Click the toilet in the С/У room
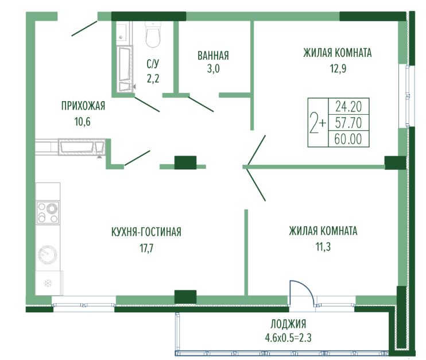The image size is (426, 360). click(x=153, y=34)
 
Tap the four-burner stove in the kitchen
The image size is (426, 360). click(x=48, y=213)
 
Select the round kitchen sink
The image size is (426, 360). click(x=48, y=255)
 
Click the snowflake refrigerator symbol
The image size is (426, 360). click(x=48, y=284)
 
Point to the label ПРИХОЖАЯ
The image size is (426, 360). click(x=83, y=106)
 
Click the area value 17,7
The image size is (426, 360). click(x=146, y=248)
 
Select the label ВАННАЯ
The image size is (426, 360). click(x=213, y=56)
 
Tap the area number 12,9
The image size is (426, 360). click(x=338, y=68)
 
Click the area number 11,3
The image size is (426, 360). click(x=323, y=247)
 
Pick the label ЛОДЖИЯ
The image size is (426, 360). click(x=288, y=324)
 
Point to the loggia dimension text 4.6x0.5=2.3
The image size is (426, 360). click(x=288, y=338)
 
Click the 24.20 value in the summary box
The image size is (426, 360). click(x=348, y=106)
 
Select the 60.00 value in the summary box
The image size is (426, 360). click(x=348, y=139)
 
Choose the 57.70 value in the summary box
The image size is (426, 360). click(x=348, y=123)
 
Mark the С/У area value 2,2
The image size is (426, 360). click(x=153, y=79)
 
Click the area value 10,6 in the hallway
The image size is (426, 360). click(x=83, y=122)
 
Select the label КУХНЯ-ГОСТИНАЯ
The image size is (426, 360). click(x=146, y=232)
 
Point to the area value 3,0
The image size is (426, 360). click(x=213, y=69)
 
